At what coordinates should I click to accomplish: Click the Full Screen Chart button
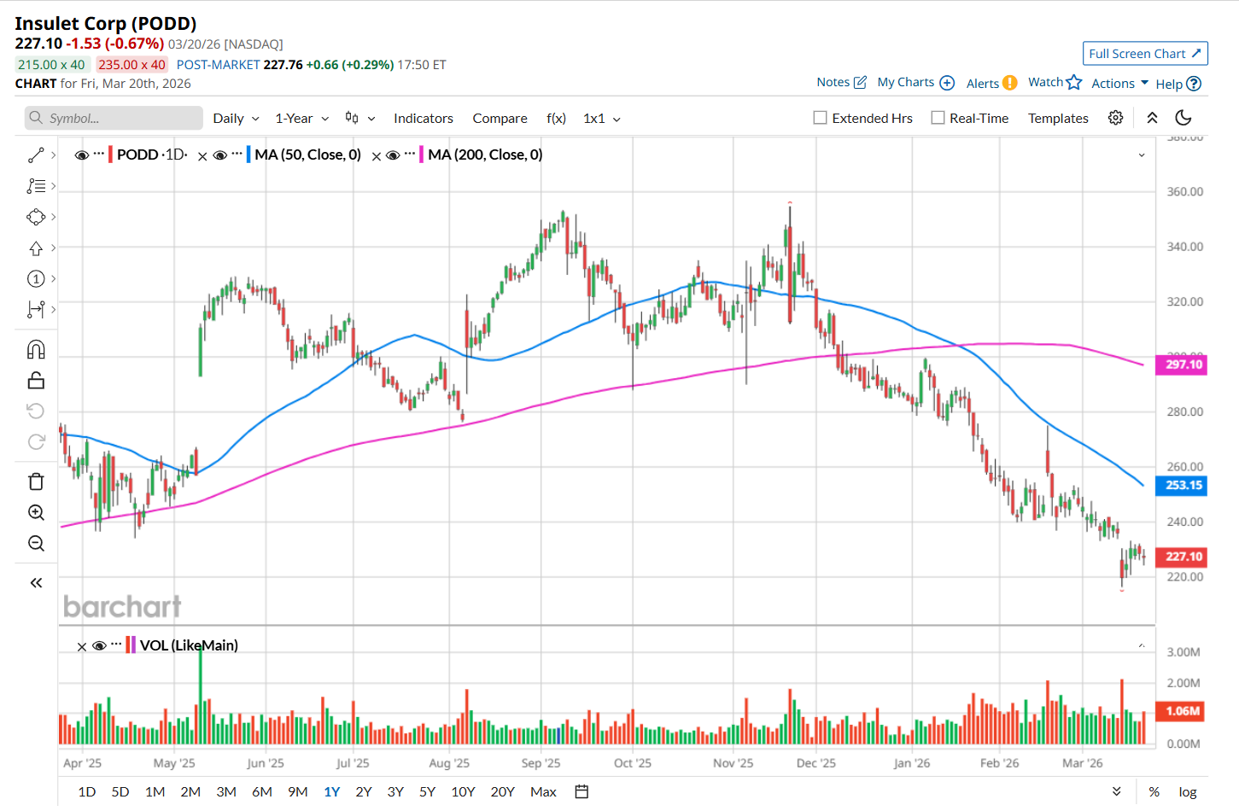(x=1144, y=54)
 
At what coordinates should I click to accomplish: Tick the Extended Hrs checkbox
(x=821, y=118)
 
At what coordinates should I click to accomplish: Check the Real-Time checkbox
(x=938, y=118)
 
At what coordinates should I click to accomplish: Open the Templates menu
(x=1058, y=119)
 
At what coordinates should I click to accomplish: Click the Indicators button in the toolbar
(x=423, y=119)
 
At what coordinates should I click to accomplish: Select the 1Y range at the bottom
(x=331, y=792)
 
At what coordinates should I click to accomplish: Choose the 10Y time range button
(x=463, y=792)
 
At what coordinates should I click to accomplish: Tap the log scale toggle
(x=1187, y=792)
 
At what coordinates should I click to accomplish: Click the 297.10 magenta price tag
(x=1183, y=365)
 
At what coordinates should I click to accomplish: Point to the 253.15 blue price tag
(x=1183, y=485)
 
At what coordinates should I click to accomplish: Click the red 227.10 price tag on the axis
(x=1183, y=557)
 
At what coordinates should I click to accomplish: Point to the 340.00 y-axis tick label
(x=1184, y=247)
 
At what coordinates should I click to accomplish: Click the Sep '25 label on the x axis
(x=541, y=763)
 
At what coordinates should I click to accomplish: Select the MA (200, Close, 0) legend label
(x=485, y=155)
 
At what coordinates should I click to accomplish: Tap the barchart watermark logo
(x=122, y=606)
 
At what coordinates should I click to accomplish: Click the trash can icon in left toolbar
(x=36, y=481)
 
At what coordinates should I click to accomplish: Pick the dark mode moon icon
(x=1183, y=118)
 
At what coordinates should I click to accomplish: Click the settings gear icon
(x=1115, y=118)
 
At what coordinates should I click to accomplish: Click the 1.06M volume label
(x=1183, y=711)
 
